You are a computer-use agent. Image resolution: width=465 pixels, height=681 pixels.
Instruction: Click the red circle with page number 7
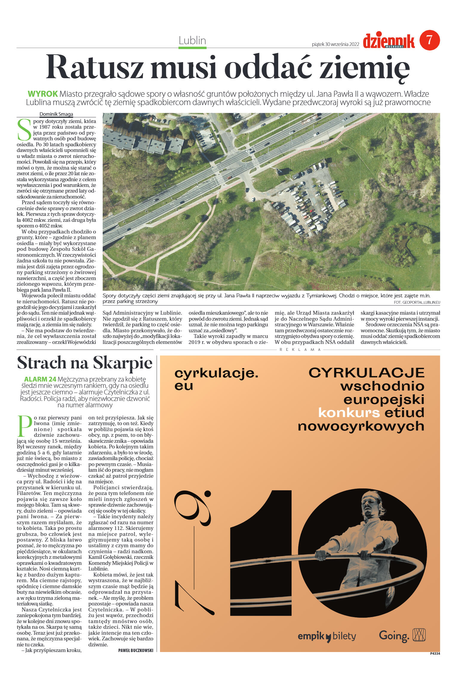pyautogui.click(x=429, y=40)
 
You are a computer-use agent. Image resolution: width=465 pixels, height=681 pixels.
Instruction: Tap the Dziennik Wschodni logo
pyautogui.click(x=389, y=41)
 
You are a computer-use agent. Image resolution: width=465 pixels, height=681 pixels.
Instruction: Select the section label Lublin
pyautogui.click(x=192, y=41)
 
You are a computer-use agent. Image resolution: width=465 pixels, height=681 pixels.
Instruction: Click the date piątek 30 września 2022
pyautogui.click(x=335, y=44)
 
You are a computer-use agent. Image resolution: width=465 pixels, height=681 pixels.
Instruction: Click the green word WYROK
pyautogui.click(x=43, y=94)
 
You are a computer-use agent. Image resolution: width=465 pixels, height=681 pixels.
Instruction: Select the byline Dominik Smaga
pyautogui.click(x=56, y=114)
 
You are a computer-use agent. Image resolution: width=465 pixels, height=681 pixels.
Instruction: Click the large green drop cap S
pyautogui.click(x=24, y=130)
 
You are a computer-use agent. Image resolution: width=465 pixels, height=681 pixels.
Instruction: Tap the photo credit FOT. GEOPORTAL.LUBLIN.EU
pyautogui.click(x=417, y=302)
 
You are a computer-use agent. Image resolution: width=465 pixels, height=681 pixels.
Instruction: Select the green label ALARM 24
pyautogui.click(x=40, y=379)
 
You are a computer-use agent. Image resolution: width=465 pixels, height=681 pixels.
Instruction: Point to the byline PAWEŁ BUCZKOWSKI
pyautogui.click(x=136, y=651)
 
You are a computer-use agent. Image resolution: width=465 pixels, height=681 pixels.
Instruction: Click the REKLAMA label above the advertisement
pyautogui.click(x=300, y=350)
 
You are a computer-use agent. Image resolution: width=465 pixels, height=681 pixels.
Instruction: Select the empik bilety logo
pyautogui.click(x=327, y=637)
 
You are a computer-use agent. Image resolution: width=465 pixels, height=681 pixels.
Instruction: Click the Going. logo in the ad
pyautogui.click(x=394, y=636)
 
